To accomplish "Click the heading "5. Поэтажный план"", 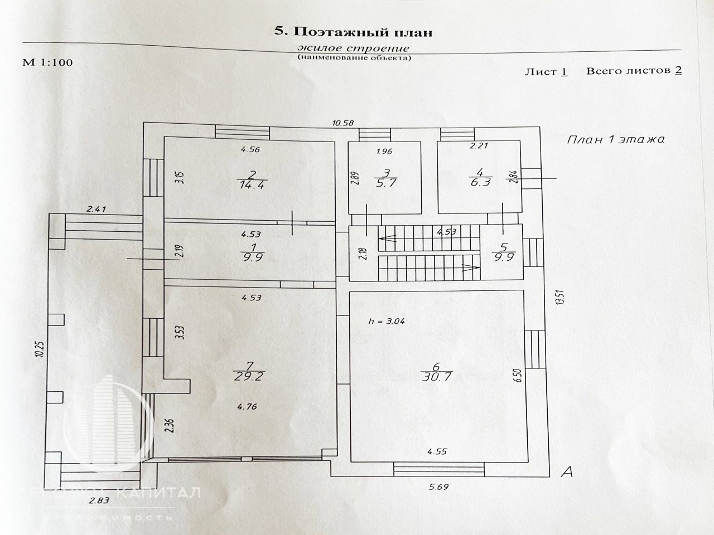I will [x=354, y=32].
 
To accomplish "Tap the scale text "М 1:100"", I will [x=47, y=62].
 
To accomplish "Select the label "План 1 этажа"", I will [x=616, y=139].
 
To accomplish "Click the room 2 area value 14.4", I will [x=246, y=184].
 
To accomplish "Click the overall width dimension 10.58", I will [x=342, y=123].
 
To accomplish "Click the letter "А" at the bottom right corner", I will [x=567, y=473].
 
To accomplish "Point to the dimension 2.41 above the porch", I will [x=97, y=210].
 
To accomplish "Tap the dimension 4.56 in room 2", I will [x=250, y=149].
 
